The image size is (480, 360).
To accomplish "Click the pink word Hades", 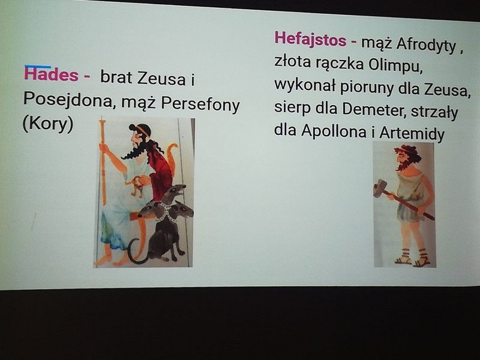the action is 51,74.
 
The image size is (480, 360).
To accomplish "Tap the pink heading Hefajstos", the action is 310,40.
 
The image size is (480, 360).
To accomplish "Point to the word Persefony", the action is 200,104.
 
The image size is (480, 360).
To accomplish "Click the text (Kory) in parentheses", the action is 48,124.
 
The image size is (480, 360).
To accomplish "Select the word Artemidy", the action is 412,133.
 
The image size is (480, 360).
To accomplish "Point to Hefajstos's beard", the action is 401,165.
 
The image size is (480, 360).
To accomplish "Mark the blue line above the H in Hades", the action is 37,66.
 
